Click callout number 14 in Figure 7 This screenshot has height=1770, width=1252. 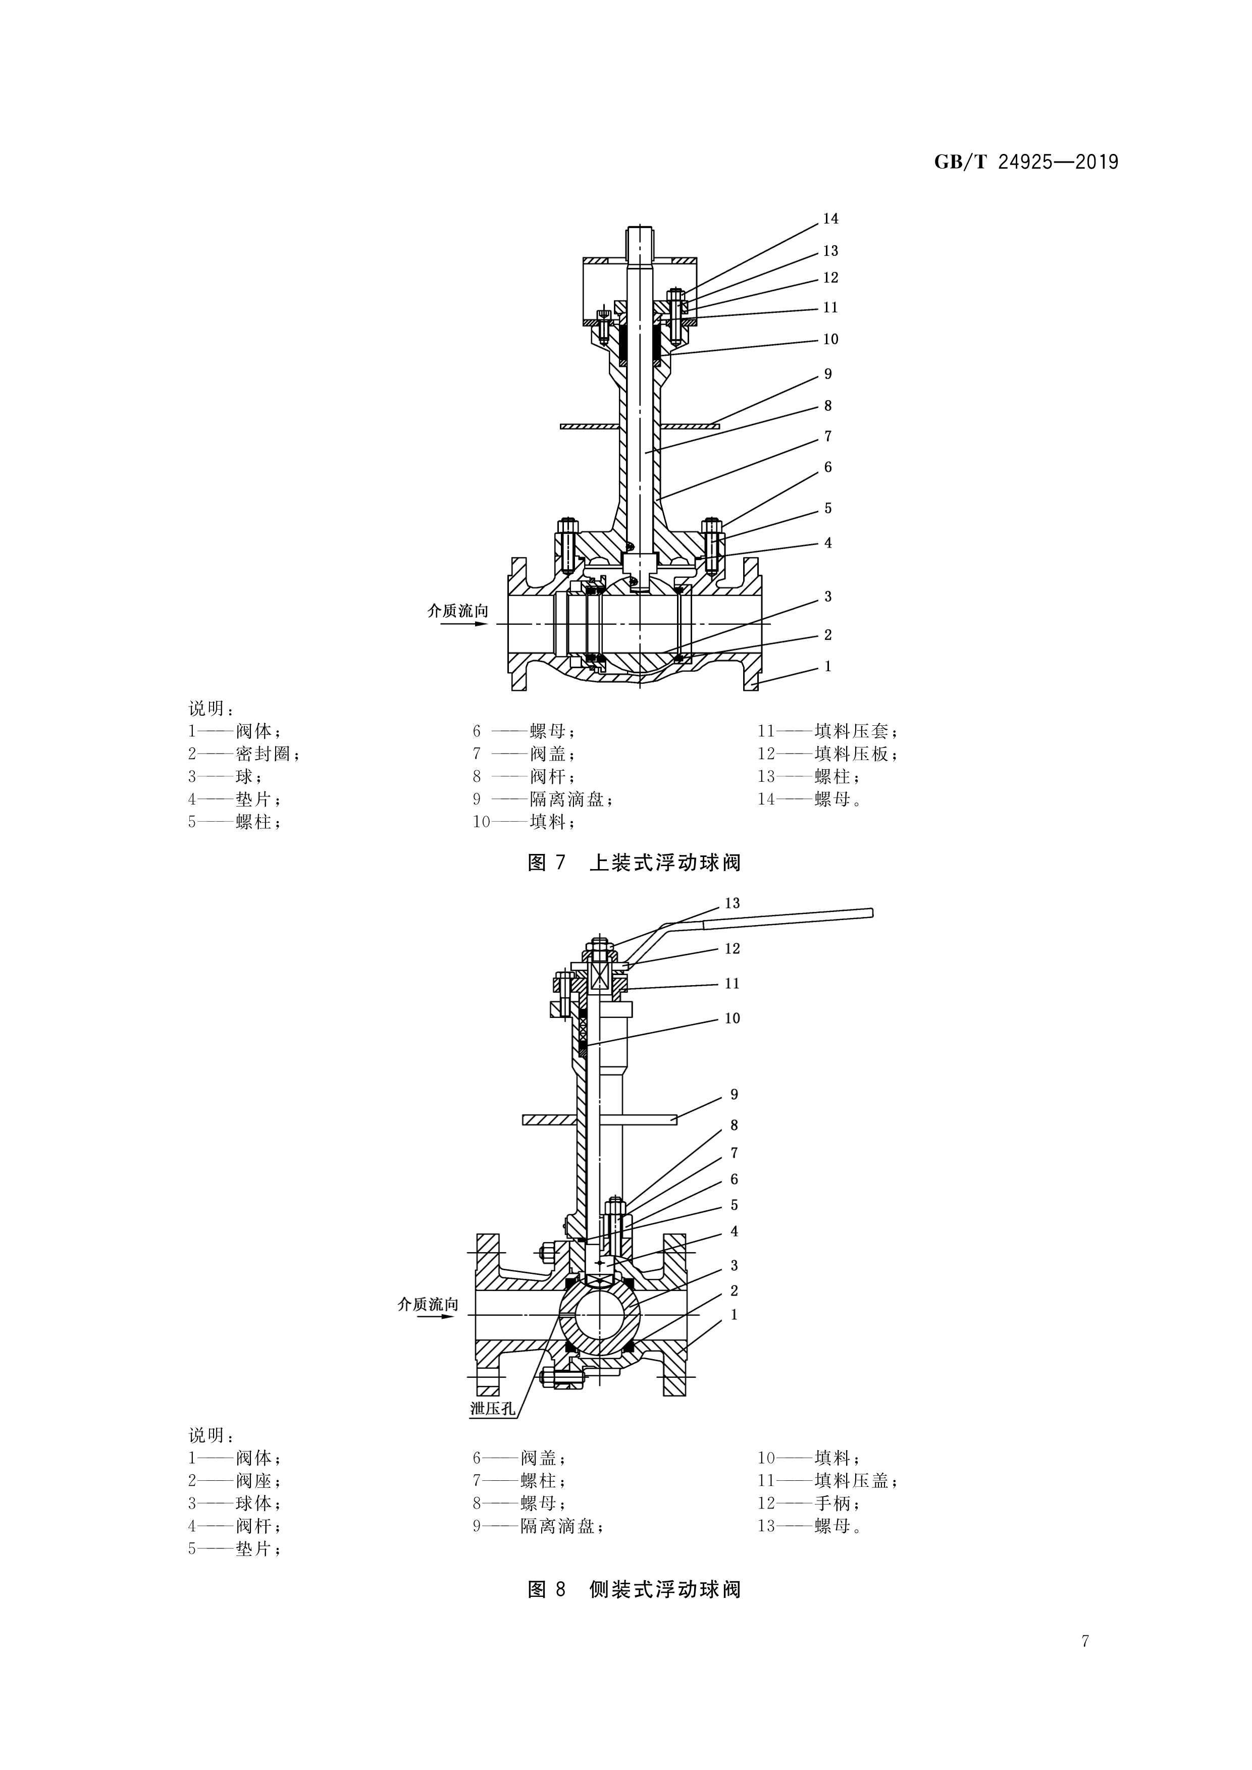pyautogui.click(x=830, y=219)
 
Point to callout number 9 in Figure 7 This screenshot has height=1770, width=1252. pyautogui.click(x=828, y=374)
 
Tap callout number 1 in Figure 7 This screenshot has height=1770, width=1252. pyautogui.click(x=828, y=666)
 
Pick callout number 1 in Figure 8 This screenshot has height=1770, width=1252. pyautogui.click(x=734, y=1314)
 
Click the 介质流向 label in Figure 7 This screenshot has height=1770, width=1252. pyautogui.click(x=458, y=611)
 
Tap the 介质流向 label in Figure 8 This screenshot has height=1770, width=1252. pyautogui.click(x=428, y=1304)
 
